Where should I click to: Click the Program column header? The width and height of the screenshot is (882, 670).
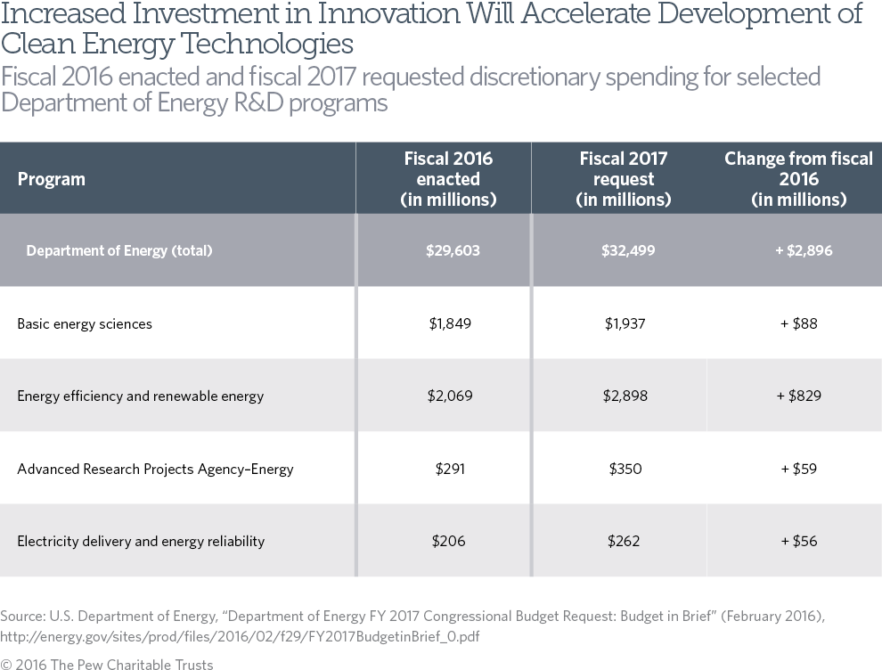coord(51,179)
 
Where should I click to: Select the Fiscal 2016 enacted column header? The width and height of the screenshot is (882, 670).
coord(448,179)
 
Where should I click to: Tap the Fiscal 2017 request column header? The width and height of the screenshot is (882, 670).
coord(624,179)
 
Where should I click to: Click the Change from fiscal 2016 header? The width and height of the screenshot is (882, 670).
coord(798,179)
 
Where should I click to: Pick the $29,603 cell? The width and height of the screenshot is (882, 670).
coord(453,250)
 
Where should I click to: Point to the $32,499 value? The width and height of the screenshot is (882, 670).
coord(628,250)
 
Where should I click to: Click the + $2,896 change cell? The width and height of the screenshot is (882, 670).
coord(804,250)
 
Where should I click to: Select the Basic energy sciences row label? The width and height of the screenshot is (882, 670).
coord(85,323)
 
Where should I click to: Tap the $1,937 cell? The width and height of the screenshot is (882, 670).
coord(625,323)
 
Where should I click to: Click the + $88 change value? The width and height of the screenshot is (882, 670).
coord(798,323)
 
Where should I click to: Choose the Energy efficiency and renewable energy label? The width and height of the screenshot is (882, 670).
coord(140,396)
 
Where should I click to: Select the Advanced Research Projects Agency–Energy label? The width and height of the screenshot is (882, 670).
coord(155,469)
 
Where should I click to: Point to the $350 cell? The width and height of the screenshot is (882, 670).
coord(625,469)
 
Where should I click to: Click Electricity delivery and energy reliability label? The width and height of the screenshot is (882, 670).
coord(141,541)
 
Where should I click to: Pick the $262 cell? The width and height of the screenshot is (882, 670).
coord(625,541)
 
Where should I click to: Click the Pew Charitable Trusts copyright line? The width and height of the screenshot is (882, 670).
coord(107,664)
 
